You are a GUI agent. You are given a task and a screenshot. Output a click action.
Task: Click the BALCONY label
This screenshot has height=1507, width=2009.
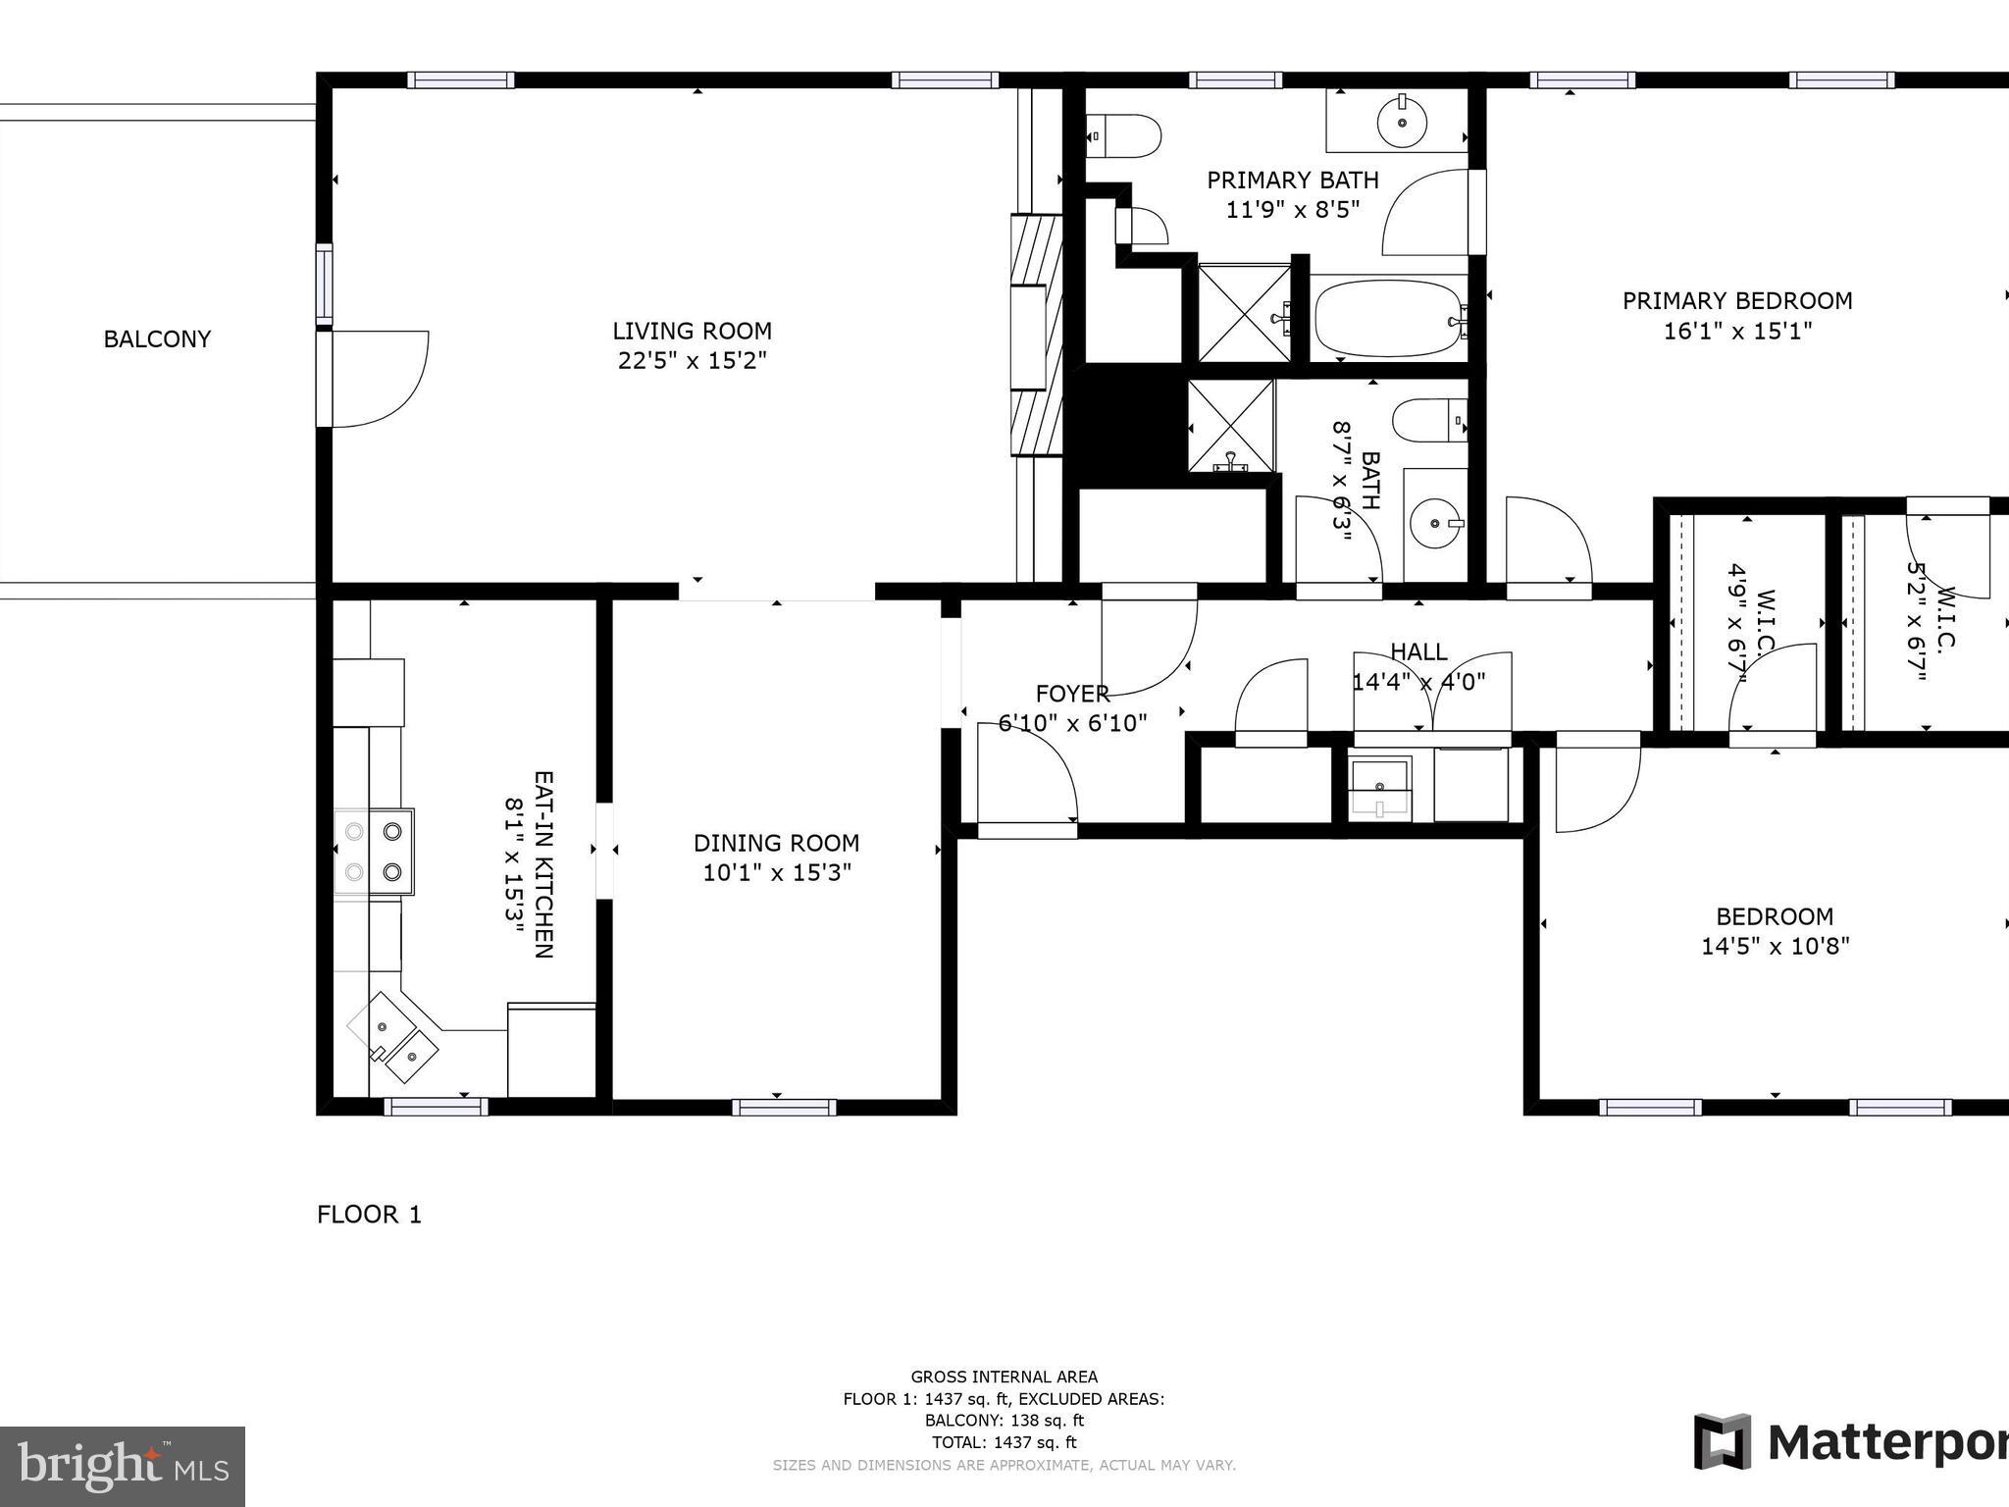point(157,339)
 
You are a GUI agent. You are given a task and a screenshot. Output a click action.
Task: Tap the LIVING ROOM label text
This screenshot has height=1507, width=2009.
point(692,332)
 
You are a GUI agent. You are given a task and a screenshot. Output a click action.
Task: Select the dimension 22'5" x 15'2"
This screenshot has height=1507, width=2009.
point(692,361)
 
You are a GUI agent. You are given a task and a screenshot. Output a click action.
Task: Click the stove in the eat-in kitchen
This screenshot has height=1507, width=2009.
point(374,851)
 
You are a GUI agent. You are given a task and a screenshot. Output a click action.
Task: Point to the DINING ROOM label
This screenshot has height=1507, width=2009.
point(776,843)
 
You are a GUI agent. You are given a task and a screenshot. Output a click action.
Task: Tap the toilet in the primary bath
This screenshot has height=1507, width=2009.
point(1124,135)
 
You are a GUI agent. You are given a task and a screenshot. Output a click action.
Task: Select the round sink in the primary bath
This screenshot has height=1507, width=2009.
point(1403,122)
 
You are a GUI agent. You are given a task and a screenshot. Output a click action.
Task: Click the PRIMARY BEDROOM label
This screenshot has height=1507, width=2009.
point(1736,301)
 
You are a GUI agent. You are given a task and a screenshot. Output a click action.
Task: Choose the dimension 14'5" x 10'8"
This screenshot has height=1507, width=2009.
point(1775,947)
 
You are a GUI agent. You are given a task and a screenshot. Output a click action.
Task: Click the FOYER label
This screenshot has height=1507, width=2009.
point(1072,694)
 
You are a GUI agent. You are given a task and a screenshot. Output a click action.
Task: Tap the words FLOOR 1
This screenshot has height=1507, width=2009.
point(369,1215)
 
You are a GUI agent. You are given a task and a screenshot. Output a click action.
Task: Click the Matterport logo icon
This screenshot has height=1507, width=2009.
point(1722,1441)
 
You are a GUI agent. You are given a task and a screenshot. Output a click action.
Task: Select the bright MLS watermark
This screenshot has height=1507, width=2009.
point(123,1466)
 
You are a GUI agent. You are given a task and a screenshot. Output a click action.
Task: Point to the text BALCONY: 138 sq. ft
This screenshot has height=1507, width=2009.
point(1004,1420)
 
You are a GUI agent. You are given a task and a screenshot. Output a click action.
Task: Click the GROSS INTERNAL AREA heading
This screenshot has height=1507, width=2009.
point(1004,1377)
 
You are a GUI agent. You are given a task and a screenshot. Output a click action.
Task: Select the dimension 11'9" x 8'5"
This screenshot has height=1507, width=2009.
point(1292,210)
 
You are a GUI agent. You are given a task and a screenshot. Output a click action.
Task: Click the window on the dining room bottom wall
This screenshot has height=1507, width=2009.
point(784,1107)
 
